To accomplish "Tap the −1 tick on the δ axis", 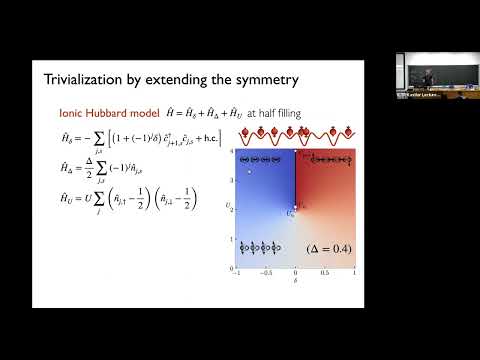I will (236, 274).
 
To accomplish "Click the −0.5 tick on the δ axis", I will (265, 274).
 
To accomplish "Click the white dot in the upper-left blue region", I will (251, 173).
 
